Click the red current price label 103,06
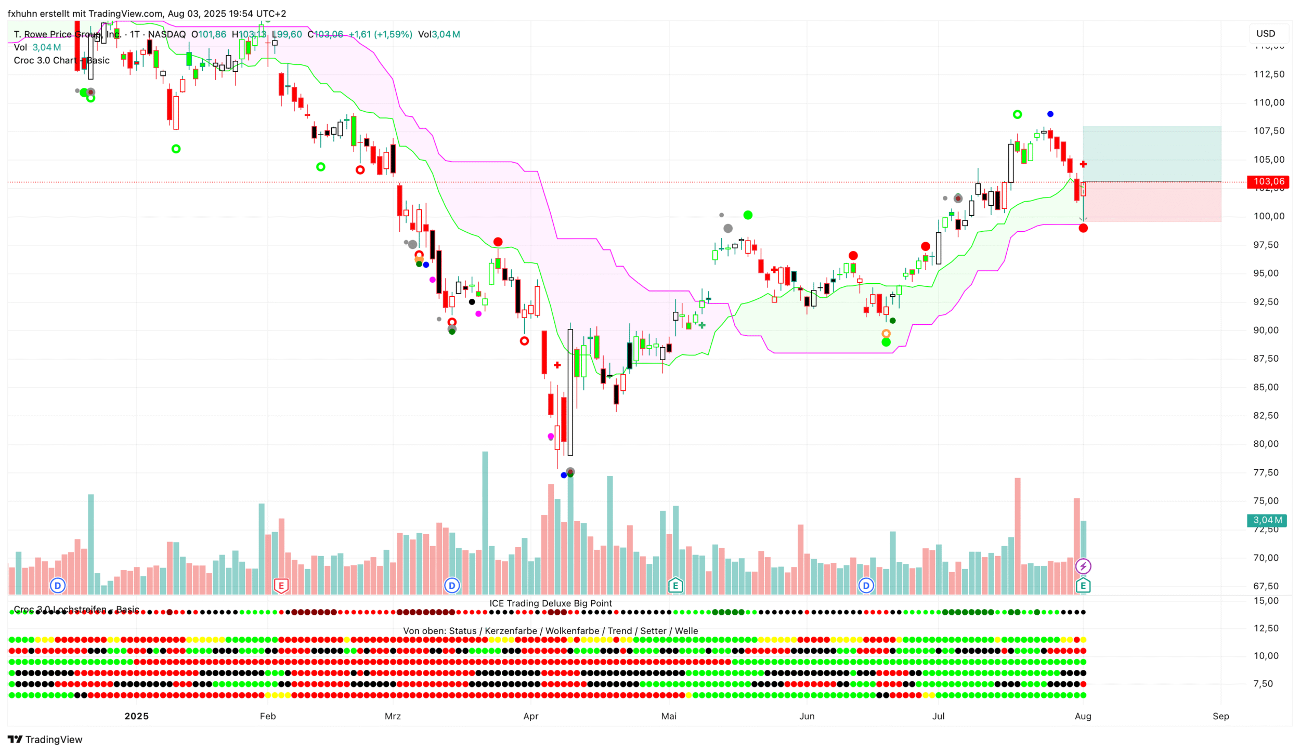(x=1268, y=181)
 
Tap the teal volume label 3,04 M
(x=1267, y=520)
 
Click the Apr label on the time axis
(x=530, y=716)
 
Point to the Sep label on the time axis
(x=1220, y=716)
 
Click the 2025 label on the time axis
(x=136, y=716)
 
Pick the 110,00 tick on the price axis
(x=1269, y=102)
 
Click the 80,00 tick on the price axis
(x=1269, y=444)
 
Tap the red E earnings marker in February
(x=281, y=586)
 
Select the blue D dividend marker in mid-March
(x=452, y=586)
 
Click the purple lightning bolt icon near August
(x=1083, y=566)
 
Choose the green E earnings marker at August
(x=1083, y=586)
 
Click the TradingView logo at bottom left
(x=45, y=739)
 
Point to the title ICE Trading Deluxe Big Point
(x=551, y=603)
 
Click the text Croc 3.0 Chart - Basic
(x=61, y=60)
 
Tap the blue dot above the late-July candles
(x=1050, y=114)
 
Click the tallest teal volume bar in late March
(x=485, y=522)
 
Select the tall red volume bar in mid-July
(x=1017, y=535)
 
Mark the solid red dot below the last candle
(x=1083, y=228)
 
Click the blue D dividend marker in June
(x=866, y=586)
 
